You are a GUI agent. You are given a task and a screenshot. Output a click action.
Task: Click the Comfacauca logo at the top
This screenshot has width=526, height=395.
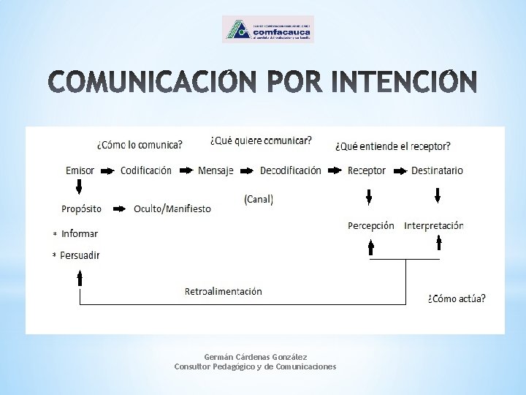pos(267,29)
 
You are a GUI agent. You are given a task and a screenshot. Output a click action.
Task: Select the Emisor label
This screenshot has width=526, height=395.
pos(80,170)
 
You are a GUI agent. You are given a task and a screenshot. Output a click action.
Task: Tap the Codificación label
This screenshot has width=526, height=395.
pos(146,170)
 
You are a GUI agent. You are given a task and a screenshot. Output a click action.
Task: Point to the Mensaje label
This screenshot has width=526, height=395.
pos(216,170)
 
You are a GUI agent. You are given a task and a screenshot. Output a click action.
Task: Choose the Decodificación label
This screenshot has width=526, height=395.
pos(290,170)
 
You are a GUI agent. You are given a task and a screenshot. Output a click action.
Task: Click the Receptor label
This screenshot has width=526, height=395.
pos(367,170)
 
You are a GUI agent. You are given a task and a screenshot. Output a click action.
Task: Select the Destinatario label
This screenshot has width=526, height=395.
pos(437,170)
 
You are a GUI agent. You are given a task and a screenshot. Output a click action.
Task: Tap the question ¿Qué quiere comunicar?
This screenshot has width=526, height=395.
pos(261,140)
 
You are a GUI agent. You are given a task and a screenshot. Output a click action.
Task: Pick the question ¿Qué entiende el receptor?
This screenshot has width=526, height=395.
pos(392,146)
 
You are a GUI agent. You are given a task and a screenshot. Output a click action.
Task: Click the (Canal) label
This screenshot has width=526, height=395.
pos(259,199)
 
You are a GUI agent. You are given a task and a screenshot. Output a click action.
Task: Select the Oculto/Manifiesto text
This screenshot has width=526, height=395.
pos(172,209)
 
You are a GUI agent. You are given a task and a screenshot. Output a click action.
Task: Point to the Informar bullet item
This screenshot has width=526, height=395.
pos(80,233)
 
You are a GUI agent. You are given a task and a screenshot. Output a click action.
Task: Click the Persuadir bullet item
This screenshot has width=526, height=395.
pos(80,255)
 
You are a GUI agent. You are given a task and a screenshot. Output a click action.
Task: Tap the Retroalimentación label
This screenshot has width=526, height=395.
pos(223,291)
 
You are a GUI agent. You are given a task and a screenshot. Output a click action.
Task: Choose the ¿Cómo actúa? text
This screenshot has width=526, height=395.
pos(456,298)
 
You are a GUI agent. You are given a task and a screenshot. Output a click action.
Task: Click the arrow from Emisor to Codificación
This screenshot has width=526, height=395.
pos(107,171)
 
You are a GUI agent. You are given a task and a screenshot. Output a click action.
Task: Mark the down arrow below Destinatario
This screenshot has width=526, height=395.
pos(437,195)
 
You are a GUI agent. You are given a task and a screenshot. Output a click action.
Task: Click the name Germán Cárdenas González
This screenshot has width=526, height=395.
pos(255,356)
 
